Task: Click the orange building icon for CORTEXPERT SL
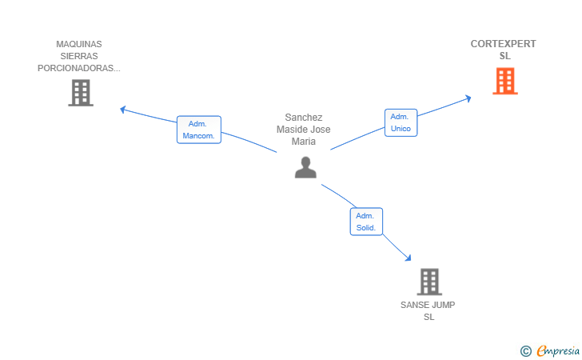pos(504,81)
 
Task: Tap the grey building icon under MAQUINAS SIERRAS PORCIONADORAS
pos(81,93)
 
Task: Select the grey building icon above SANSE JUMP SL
pos(429,282)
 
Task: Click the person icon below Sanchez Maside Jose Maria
pos(305,167)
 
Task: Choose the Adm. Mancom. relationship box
pos(199,130)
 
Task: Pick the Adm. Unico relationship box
pos(401,122)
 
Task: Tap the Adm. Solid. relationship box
pos(366,222)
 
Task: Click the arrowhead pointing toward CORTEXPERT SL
pos(468,98)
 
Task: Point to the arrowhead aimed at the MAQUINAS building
pos(123,110)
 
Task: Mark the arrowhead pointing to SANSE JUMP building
pos(409,258)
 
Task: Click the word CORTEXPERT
pos(503,44)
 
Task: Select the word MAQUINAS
pos(79,44)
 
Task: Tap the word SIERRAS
pos(79,56)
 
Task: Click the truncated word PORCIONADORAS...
pos(78,68)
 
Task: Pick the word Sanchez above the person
pos(304,118)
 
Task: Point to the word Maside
pos(289,130)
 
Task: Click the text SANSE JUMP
pos(428,305)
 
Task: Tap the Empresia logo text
pos(558,350)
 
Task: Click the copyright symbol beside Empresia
pos(526,351)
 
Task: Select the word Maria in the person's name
pos(304,142)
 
